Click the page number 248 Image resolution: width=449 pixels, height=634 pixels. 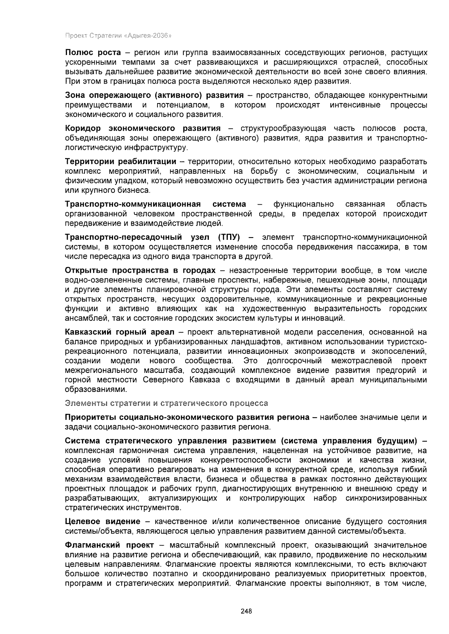(x=246, y=611)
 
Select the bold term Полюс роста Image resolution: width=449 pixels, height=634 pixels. (x=93, y=52)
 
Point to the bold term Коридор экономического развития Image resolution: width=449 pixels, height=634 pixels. (x=143, y=129)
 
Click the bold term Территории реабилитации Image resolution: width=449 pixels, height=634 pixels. (x=120, y=162)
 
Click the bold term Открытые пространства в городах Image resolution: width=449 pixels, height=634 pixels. (x=140, y=270)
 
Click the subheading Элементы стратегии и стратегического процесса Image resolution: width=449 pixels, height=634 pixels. (x=167, y=403)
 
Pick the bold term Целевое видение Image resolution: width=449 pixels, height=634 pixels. (x=103, y=521)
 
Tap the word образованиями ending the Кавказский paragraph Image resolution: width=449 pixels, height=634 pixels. (x=96, y=390)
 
